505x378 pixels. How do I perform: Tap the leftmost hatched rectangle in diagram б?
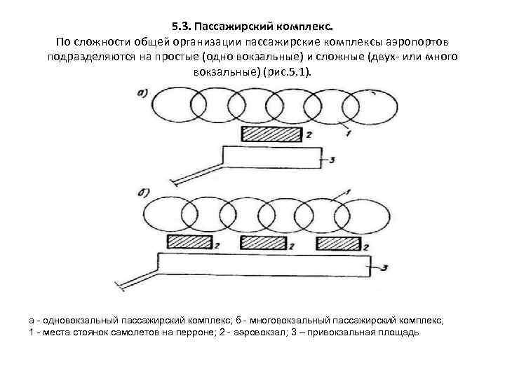pyautogui.click(x=190, y=242)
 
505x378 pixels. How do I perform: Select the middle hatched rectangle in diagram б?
pyautogui.click(x=264, y=242)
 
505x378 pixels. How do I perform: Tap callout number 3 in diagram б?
pyautogui.click(x=384, y=266)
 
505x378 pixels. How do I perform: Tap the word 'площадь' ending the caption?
pyautogui.click(x=399, y=332)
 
